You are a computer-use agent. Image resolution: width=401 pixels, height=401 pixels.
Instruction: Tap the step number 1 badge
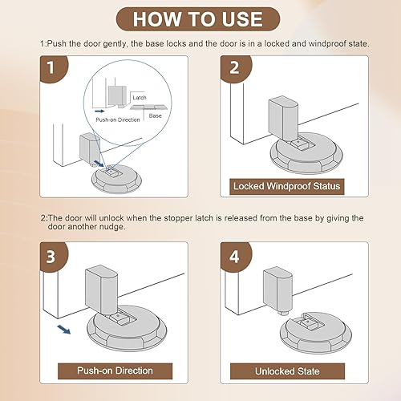51,70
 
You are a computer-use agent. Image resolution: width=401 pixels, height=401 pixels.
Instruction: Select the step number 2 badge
234,70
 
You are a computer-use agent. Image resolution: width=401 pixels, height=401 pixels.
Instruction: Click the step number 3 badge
51,257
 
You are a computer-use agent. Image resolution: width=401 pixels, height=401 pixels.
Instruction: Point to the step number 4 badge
234,257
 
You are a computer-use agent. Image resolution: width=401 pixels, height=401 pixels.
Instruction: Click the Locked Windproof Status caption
286,186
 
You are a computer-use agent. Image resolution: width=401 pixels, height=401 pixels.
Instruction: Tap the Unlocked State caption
286,371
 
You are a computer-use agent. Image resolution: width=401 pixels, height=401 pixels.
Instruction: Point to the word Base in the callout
156,116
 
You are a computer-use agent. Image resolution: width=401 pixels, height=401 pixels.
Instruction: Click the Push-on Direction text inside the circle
119,119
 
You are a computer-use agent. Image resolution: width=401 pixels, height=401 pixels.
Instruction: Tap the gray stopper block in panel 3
101,290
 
